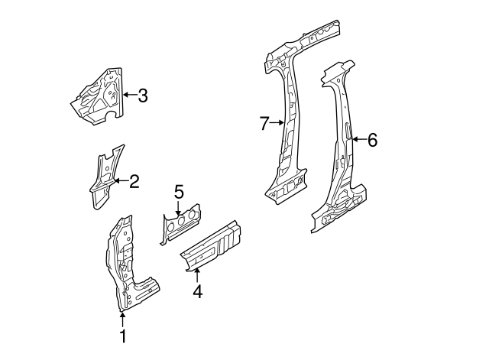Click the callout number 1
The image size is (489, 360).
click(122, 336)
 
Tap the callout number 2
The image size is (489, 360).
click(134, 181)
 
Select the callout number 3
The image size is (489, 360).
click(142, 96)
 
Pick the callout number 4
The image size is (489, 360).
click(197, 291)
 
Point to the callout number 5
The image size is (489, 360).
click(179, 191)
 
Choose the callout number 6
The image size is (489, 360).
click(372, 140)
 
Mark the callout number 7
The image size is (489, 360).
click(264, 122)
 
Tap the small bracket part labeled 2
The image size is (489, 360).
click(103, 176)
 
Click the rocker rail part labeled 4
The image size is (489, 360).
click(214, 245)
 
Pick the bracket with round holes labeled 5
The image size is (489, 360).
click(180, 223)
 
